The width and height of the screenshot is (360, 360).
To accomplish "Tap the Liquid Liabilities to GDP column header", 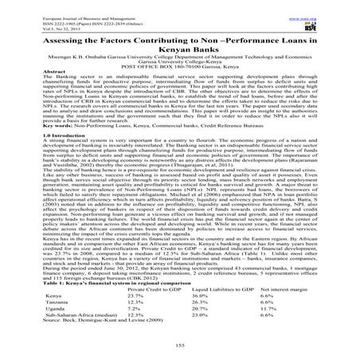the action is pos(223,290).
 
